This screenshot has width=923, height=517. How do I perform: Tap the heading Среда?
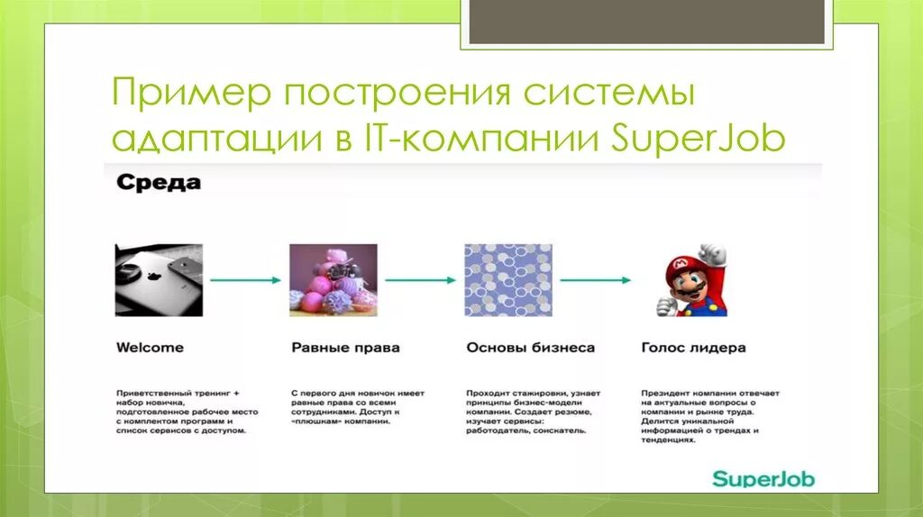(158, 184)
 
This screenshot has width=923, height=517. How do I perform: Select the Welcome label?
(150, 347)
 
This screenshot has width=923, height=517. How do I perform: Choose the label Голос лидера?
(693, 347)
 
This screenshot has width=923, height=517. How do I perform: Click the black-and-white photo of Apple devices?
(159, 279)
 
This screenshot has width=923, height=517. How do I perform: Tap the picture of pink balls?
(333, 279)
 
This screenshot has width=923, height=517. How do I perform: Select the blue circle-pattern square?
(508, 279)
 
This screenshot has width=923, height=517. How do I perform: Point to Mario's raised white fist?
(714, 253)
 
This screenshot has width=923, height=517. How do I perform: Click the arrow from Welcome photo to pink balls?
(246, 280)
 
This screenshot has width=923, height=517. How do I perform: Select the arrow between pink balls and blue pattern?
(420, 280)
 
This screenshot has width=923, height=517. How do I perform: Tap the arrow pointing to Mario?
(596, 280)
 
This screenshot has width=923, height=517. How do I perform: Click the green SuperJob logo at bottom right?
(763, 478)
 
